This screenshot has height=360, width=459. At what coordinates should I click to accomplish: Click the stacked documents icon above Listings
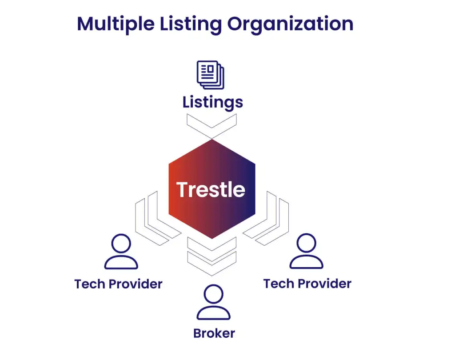pyautogui.click(x=211, y=75)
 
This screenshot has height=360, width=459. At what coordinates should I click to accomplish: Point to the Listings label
pyautogui.click(x=212, y=102)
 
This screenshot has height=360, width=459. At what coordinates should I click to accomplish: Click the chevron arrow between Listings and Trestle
pyautogui.click(x=212, y=126)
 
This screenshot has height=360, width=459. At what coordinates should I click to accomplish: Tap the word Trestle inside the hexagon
pyautogui.click(x=211, y=189)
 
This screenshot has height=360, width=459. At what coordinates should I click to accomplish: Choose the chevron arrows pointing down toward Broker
pyautogui.click(x=212, y=255)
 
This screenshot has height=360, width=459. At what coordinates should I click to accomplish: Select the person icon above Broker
pyautogui.click(x=213, y=302)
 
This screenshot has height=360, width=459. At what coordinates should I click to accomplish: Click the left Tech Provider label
pyautogui.click(x=118, y=284)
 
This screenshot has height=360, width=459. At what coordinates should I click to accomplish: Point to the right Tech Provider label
pyautogui.click(x=307, y=284)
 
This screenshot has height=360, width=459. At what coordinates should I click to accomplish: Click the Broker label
pyautogui.click(x=214, y=333)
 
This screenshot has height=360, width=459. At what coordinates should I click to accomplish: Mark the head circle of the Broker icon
pyautogui.click(x=213, y=294)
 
